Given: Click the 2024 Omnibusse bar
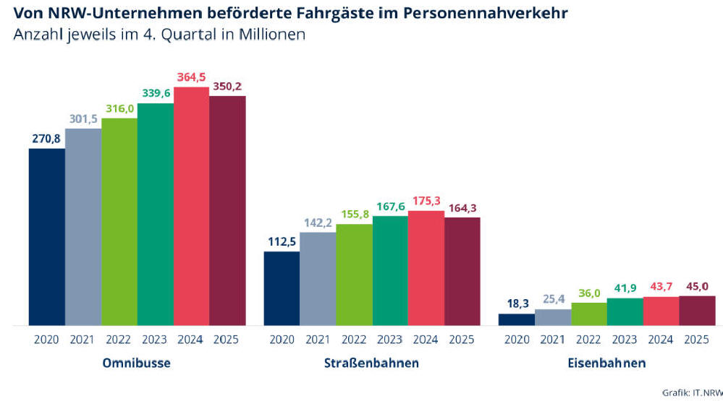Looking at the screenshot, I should point(192,206).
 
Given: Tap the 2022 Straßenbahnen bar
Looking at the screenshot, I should point(354,275).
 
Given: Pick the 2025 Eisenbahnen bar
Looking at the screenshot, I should point(697,311).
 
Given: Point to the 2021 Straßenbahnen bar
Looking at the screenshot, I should point(318,279).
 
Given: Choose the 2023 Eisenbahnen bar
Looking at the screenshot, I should point(625,311).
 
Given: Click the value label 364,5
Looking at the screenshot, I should point(192,77).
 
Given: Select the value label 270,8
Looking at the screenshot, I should point(47,139).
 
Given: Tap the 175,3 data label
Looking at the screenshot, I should point(426,201).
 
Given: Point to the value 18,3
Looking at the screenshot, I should point(517,304).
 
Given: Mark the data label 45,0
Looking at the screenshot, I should point(697,286).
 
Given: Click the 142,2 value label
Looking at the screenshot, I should point(318,223).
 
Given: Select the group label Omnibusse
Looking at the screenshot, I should point(138,363).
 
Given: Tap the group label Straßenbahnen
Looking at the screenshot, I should point(372,363).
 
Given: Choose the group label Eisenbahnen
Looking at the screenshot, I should point(606,363).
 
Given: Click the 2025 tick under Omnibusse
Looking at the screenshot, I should point(227,340).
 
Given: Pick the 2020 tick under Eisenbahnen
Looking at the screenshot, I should point(517,340).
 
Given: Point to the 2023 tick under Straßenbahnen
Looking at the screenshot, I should point(390,340).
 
